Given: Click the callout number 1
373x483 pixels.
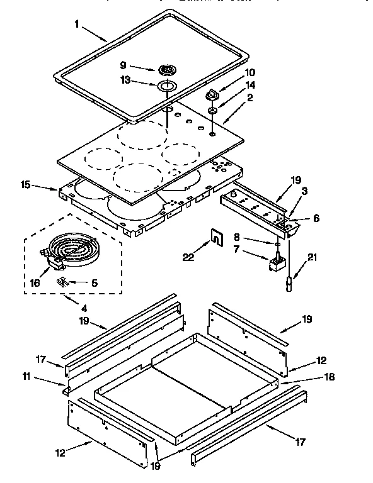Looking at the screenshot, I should tap(77, 25).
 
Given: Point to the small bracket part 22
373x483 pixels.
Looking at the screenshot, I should tap(215, 238).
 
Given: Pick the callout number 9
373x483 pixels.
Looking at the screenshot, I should tap(123, 64).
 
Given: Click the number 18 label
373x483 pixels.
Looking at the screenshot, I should tap(328, 377).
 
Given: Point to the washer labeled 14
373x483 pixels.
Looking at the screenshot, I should tap(214, 111).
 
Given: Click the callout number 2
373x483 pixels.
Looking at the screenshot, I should tap(250, 97).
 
